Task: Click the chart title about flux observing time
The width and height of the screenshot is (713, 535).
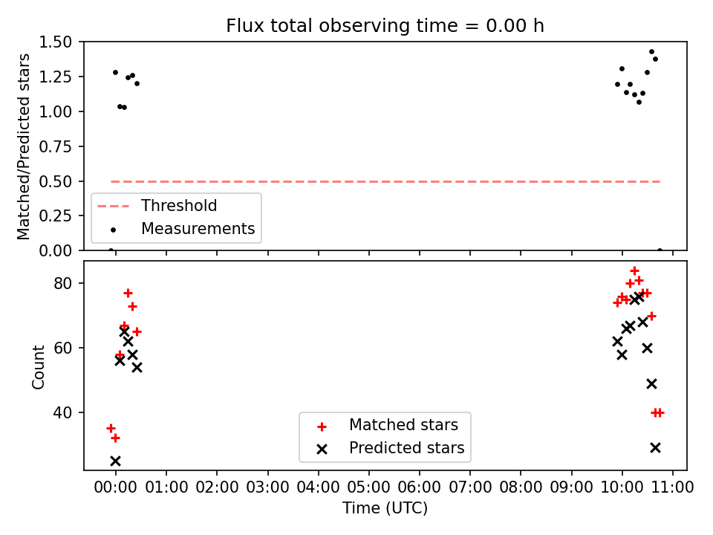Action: tap(385, 26)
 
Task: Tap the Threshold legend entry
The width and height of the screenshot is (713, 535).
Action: tap(157, 206)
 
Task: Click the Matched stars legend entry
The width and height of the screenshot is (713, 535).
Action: tap(388, 425)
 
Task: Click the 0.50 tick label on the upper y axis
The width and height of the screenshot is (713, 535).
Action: tap(56, 181)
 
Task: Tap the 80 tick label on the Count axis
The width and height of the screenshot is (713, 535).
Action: tap(63, 283)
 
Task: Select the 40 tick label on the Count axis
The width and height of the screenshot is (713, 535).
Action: tap(63, 412)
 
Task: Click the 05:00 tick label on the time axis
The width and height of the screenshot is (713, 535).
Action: tap(369, 487)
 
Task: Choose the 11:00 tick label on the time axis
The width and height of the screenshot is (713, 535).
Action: tap(672, 487)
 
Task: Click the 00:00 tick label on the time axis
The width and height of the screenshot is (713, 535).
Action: tap(116, 487)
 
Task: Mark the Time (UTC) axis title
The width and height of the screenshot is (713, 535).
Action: tap(385, 508)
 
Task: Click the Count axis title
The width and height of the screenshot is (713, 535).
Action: tap(39, 366)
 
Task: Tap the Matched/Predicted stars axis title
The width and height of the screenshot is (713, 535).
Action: tap(23, 146)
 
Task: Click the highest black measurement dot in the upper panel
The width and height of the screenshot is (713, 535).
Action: tap(651, 52)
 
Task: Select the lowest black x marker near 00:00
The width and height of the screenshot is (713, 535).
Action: tap(116, 461)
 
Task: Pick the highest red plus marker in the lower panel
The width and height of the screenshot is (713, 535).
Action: tap(635, 271)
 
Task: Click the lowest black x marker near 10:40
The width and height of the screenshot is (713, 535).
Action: tap(655, 448)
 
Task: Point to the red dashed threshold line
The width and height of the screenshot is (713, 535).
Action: tap(385, 181)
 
